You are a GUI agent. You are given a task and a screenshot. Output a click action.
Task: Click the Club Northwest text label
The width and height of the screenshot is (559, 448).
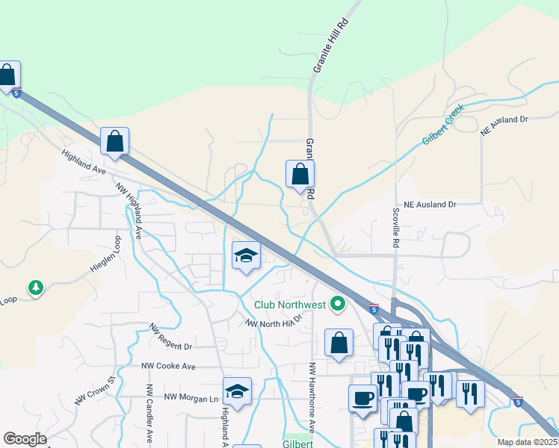(x=289, y=304)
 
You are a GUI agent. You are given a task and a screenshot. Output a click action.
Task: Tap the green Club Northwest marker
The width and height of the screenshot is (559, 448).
(x=338, y=304)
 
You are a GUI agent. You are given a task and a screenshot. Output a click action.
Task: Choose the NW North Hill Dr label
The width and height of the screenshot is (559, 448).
(x=274, y=321)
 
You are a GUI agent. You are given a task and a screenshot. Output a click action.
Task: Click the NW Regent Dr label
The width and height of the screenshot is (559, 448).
(x=171, y=338)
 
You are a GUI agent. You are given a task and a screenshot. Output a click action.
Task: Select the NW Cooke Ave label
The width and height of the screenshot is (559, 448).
(x=168, y=367)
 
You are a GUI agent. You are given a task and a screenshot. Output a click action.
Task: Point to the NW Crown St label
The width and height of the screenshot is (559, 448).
(x=96, y=391)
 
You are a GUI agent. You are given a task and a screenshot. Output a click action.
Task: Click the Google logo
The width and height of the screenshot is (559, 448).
(x=25, y=439)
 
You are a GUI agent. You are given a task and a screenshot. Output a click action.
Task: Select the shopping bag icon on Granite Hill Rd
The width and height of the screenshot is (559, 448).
(x=300, y=174)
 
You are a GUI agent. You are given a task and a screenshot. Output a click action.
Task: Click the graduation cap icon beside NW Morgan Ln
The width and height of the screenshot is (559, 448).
(x=237, y=391)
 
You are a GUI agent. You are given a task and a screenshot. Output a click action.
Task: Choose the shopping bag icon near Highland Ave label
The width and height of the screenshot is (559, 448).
(x=114, y=140)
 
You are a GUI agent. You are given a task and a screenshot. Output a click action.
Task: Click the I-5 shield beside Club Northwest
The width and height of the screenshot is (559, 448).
(x=373, y=308)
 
